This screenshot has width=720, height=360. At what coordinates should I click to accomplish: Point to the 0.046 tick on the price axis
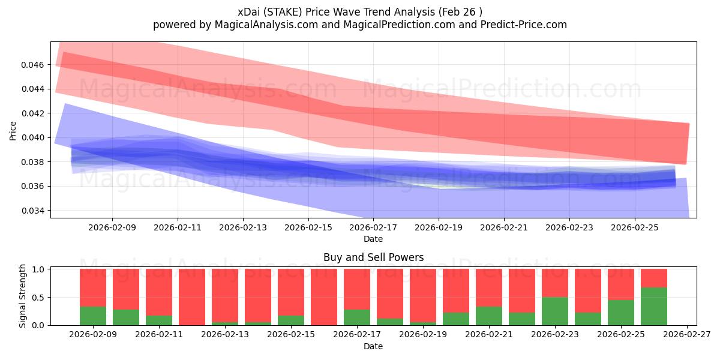[x=34, y=64]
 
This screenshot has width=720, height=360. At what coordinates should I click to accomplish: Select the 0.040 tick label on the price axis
[x=34, y=137]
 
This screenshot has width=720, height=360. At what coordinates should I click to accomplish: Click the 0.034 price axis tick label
[x=34, y=211]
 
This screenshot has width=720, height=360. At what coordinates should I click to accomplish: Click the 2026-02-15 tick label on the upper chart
[x=308, y=228]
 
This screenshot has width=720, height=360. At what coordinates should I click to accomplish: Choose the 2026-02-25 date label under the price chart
[x=635, y=228]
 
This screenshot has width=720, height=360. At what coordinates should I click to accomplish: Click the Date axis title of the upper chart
[x=373, y=239]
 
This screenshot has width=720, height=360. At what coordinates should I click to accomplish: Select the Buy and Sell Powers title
[x=373, y=257]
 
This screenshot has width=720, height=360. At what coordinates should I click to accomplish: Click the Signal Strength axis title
[x=22, y=296]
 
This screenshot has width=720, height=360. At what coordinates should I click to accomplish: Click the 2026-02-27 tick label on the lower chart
[x=686, y=335]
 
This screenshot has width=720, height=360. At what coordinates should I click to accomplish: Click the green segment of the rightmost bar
[x=654, y=307]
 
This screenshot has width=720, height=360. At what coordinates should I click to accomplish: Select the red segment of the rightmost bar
[x=654, y=278]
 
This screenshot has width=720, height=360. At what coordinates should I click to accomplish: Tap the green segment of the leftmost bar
[x=93, y=316]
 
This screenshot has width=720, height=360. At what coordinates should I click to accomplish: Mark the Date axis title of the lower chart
[x=373, y=346]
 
